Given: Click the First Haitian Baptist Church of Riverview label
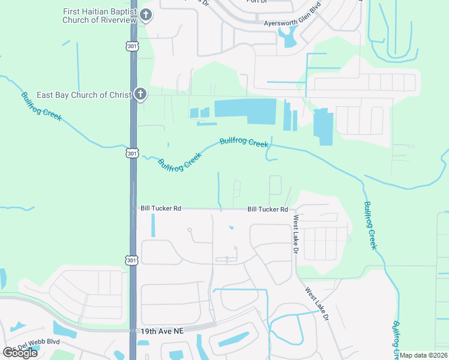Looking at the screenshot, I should pos(100,16).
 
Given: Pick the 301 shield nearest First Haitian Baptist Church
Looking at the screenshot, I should pos(133,46).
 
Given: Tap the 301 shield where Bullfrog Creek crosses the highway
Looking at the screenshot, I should pos(133,154).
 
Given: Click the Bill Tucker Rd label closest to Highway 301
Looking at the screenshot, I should pos(160,208).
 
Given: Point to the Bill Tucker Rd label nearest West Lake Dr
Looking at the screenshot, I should pos(268,209).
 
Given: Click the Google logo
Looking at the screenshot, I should pos(20,353).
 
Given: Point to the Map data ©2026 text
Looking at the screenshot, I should pos(424,355).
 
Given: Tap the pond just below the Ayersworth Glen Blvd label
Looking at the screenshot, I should pos(288,39).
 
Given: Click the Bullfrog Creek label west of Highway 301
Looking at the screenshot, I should pos(41,106).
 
